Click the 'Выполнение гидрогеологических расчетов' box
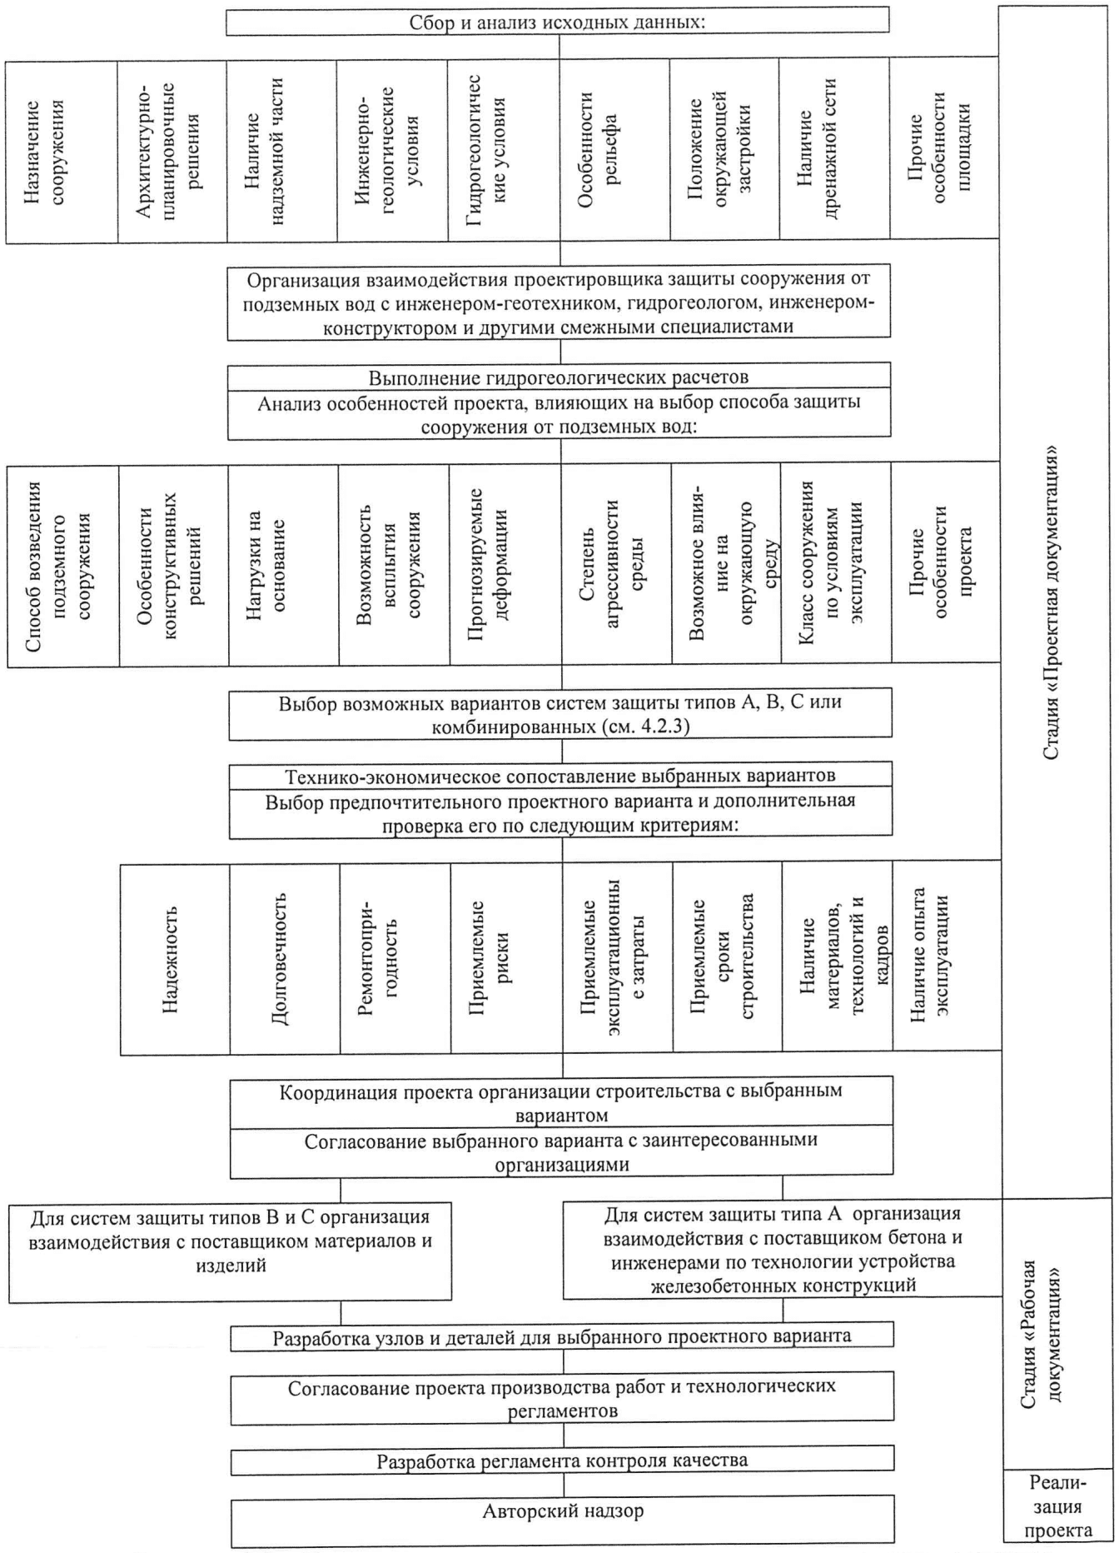[559, 377]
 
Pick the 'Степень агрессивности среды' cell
[615, 565]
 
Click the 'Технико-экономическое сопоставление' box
[560, 776]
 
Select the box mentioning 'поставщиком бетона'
[782, 1249]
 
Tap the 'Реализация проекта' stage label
[1058, 1506]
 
